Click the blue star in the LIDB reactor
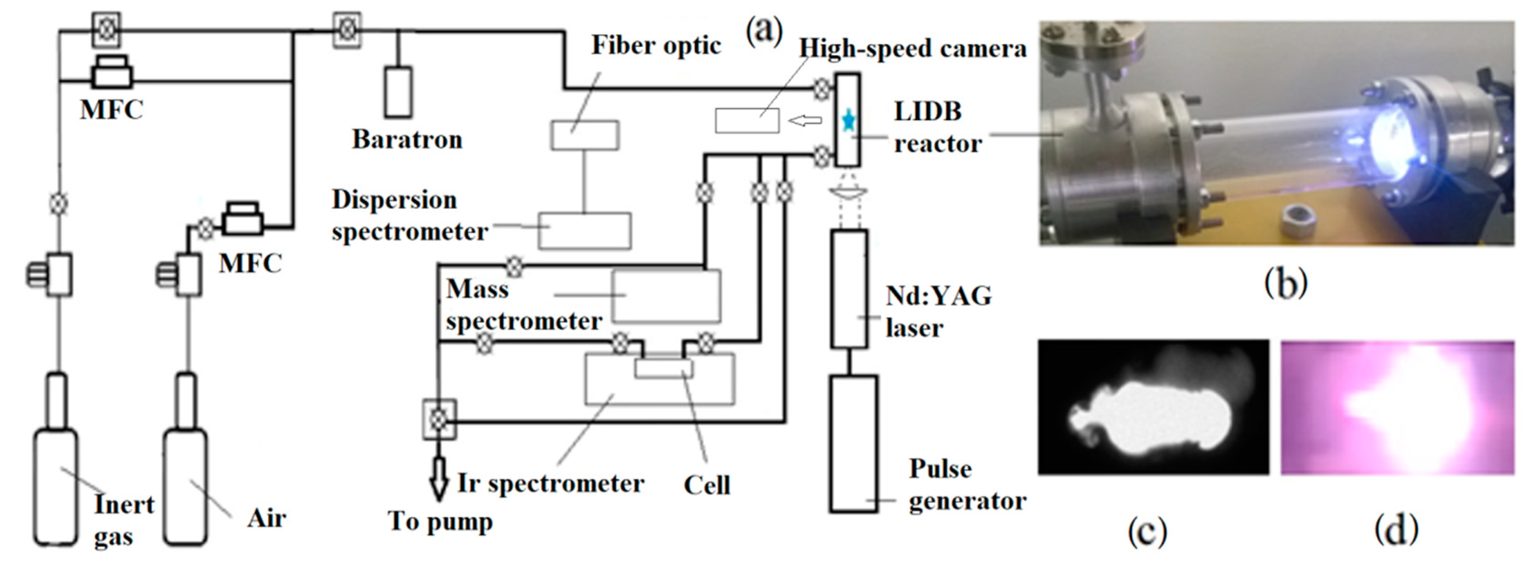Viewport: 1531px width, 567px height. pos(848,122)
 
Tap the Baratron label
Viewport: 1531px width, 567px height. pos(407,140)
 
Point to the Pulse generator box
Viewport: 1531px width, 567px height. pos(853,443)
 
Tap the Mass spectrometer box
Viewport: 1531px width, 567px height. pos(666,295)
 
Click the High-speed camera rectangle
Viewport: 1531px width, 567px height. pos(747,121)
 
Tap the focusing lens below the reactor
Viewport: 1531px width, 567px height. pos(848,192)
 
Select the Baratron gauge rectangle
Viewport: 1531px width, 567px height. pos(398,92)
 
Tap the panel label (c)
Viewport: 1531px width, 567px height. pos(1147,530)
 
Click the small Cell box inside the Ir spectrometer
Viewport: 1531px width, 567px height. pos(663,368)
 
